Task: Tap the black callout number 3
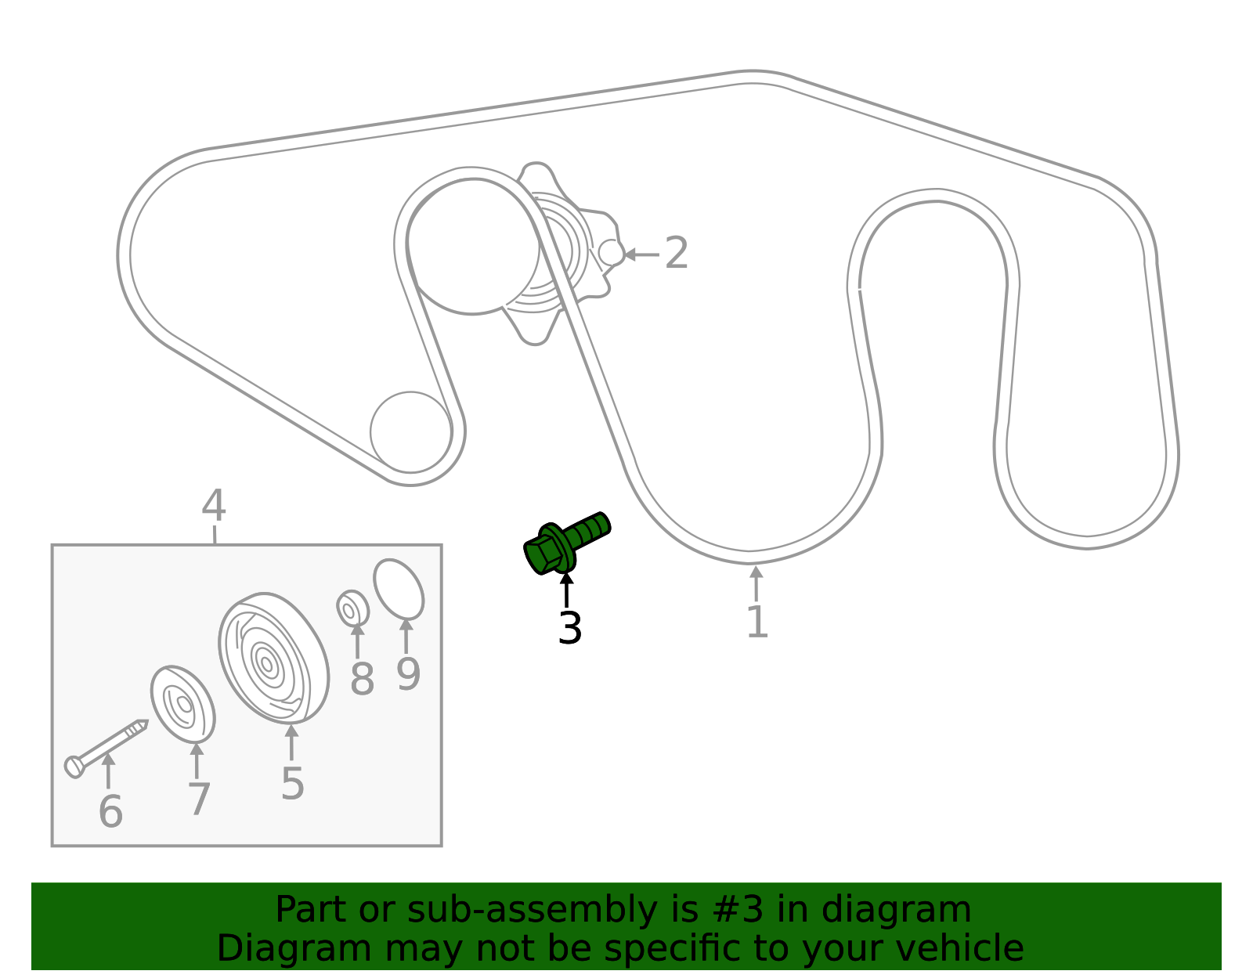coord(569,628)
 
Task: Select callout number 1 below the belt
coord(758,622)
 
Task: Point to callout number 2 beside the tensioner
coord(677,253)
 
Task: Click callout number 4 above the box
coord(213,505)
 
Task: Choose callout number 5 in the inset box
coord(292,784)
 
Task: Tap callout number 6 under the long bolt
coord(110,811)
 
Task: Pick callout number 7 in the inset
coord(199,799)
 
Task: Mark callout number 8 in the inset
coord(362,679)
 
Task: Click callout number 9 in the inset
coord(408,673)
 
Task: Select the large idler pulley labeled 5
coord(273,659)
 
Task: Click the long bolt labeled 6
coord(106,749)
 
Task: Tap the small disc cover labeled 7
coord(182,704)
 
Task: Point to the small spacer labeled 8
coord(352,608)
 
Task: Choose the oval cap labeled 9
coord(399,590)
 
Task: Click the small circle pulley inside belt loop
coord(410,432)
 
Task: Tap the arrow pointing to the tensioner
coord(642,254)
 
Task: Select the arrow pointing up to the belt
coord(756,583)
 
